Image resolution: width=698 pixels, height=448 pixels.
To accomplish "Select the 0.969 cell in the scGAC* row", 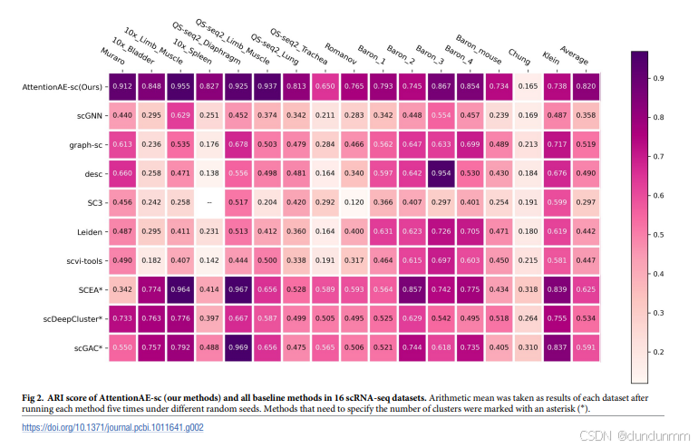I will click(238, 348).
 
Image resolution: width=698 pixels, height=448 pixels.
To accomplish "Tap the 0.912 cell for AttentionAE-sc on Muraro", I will click(122, 87).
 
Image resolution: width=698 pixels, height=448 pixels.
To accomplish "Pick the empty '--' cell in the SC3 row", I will click(208, 203).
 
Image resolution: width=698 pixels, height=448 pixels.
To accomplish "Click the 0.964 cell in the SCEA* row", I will click(180, 290).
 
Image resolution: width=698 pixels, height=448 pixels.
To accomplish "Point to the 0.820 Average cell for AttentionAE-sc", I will click(585, 87).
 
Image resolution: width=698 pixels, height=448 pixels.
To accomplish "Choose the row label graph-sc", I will click(84, 145).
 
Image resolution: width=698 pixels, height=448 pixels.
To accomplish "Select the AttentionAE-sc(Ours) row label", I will click(63, 87).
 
